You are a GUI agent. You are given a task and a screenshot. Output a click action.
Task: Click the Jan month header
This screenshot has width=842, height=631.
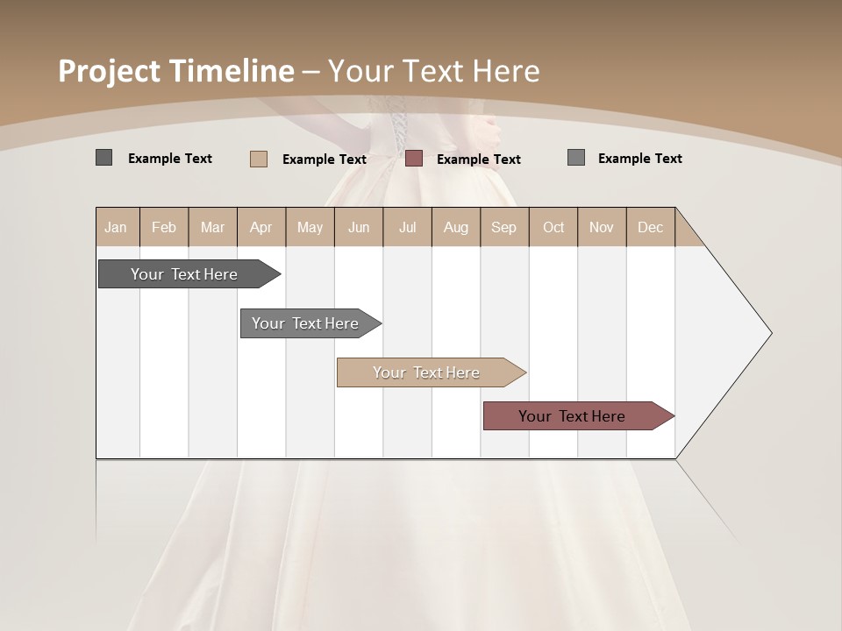(x=117, y=227)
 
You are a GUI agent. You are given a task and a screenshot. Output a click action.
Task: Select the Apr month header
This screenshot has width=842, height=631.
(x=261, y=227)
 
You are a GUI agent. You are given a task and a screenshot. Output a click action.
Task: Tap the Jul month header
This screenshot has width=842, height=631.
(x=407, y=227)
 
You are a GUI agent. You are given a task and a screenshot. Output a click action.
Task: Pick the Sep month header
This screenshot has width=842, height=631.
(x=503, y=227)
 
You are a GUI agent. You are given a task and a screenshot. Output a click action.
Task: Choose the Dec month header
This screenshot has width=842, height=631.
(x=650, y=227)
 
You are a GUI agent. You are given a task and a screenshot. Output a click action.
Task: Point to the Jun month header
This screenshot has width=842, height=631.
(x=359, y=227)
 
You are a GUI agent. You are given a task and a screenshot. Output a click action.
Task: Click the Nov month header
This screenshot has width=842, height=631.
(x=602, y=227)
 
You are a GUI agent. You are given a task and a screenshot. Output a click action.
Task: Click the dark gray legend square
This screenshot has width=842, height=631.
(x=103, y=158)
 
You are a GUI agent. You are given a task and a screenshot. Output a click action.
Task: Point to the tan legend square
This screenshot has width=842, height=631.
(x=259, y=159)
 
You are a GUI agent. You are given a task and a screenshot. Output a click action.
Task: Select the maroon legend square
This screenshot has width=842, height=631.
(x=414, y=158)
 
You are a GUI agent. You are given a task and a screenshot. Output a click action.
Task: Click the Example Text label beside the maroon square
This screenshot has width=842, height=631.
(x=478, y=160)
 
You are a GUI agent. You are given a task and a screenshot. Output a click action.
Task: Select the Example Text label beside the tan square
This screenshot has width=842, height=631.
(x=324, y=160)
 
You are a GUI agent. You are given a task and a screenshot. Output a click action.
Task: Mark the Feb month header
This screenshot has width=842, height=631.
(x=164, y=227)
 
